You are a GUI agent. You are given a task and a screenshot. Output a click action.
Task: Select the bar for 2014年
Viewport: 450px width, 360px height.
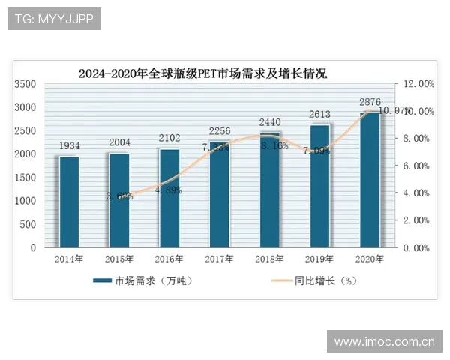pyautogui.click(x=69, y=201)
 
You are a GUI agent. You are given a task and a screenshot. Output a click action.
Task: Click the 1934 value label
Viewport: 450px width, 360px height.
pyautogui.click(x=69, y=145)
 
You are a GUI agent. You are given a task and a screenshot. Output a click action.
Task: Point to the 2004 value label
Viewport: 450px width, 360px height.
pyautogui.click(x=119, y=142)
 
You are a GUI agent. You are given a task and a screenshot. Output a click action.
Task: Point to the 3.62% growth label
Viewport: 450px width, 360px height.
pyautogui.click(x=119, y=196)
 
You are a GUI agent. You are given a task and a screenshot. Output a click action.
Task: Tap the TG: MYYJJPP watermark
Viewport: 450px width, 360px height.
pyautogui.click(x=53, y=19)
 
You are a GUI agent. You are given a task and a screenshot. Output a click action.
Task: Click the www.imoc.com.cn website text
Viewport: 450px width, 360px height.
pyautogui.click(x=384, y=342)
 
